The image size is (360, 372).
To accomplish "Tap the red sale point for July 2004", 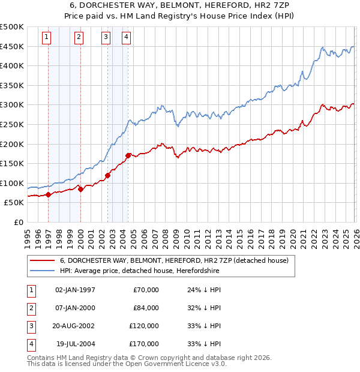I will tap(128, 155).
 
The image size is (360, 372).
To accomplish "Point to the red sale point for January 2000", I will tap(80, 189).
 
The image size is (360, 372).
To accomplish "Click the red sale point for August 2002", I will tap(108, 175).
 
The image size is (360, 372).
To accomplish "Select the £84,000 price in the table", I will tap(146, 308).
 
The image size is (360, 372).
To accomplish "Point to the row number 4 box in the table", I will tap(30, 344).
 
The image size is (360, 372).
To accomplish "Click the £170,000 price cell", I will tap(144, 344).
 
